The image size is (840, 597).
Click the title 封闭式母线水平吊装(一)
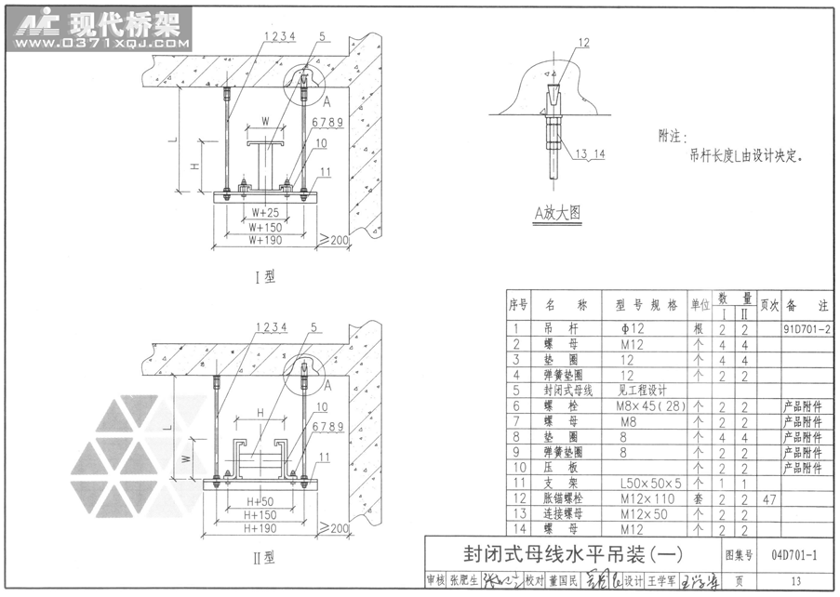[572, 554]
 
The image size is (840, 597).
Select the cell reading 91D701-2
[807, 328]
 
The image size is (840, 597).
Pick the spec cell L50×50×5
[650, 484]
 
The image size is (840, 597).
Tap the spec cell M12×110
[645, 499]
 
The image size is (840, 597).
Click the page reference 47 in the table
[768, 499]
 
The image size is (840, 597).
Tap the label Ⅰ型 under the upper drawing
[264, 276]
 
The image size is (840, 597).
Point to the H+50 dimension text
[260, 500]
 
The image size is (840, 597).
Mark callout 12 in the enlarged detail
[584, 43]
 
